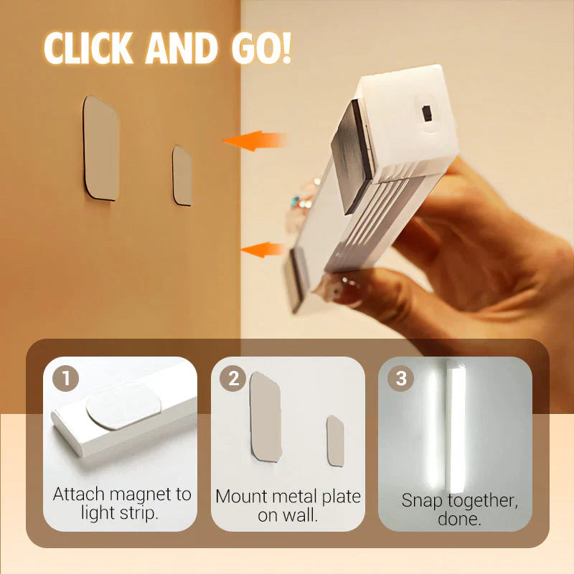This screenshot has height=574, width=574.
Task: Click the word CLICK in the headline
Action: tap(88, 48)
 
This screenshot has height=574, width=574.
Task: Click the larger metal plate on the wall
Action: tap(100, 148)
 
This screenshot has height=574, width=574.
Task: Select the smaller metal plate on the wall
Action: tap(182, 175)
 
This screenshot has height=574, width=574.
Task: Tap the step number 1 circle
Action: tap(65, 378)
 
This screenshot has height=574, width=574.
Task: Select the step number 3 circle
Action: tap(400, 378)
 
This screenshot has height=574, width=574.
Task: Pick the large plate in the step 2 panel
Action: tap(265, 417)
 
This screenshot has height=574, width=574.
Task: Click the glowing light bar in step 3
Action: tap(455, 427)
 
